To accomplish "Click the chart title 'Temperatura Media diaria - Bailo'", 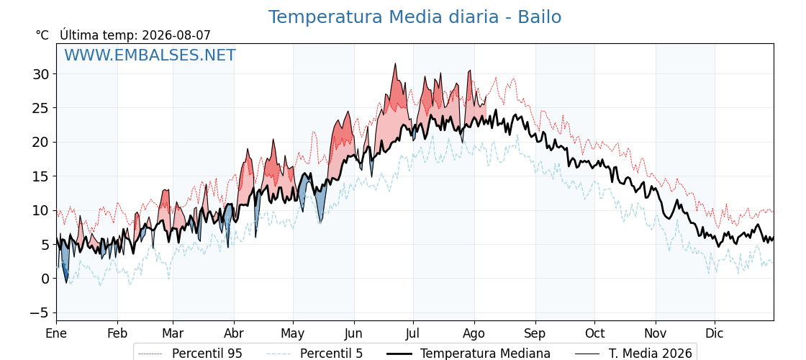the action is click(x=415, y=17).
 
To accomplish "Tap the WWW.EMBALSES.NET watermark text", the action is click(x=150, y=55).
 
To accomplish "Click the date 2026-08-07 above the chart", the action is click(x=176, y=35).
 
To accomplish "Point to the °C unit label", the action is click(x=42, y=35).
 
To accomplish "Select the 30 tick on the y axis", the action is click(x=41, y=74).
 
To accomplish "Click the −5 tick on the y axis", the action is click(x=38, y=312).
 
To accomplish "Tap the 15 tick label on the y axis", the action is click(x=41, y=176).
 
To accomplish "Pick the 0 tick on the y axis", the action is click(x=45, y=279).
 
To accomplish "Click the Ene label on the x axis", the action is click(x=56, y=333).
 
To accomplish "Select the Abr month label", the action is click(x=234, y=333).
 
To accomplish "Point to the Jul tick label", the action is click(x=413, y=333).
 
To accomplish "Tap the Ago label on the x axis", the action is click(x=474, y=334).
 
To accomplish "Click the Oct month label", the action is click(x=594, y=333).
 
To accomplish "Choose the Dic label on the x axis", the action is click(x=715, y=333).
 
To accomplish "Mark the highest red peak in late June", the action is click(x=395, y=64).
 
